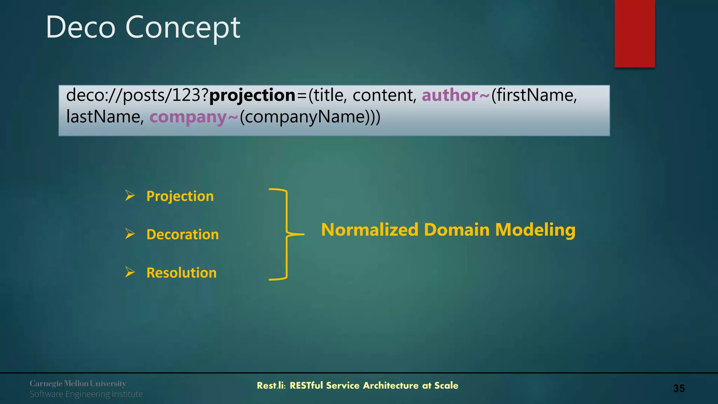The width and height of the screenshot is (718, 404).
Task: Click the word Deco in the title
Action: click(81, 27)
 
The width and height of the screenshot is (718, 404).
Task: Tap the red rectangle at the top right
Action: click(635, 33)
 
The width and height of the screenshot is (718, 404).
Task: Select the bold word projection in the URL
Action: click(252, 95)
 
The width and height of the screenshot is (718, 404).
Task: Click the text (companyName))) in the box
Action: click(310, 117)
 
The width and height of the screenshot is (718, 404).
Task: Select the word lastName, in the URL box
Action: click(105, 117)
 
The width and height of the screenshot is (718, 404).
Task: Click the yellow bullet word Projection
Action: click(180, 196)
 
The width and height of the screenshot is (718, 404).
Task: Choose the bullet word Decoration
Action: click(182, 234)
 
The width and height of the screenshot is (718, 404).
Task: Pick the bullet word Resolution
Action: click(181, 273)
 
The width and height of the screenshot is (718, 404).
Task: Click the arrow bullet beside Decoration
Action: click(130, 234)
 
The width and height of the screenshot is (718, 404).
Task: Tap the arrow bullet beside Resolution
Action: click(130, 272)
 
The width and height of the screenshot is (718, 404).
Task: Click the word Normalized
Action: click(370, 230)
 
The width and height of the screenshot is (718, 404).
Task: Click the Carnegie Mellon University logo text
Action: click(78, 383)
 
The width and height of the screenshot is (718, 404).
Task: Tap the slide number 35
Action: click(679, 388)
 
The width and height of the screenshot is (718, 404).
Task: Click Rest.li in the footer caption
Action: click(271, 385)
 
